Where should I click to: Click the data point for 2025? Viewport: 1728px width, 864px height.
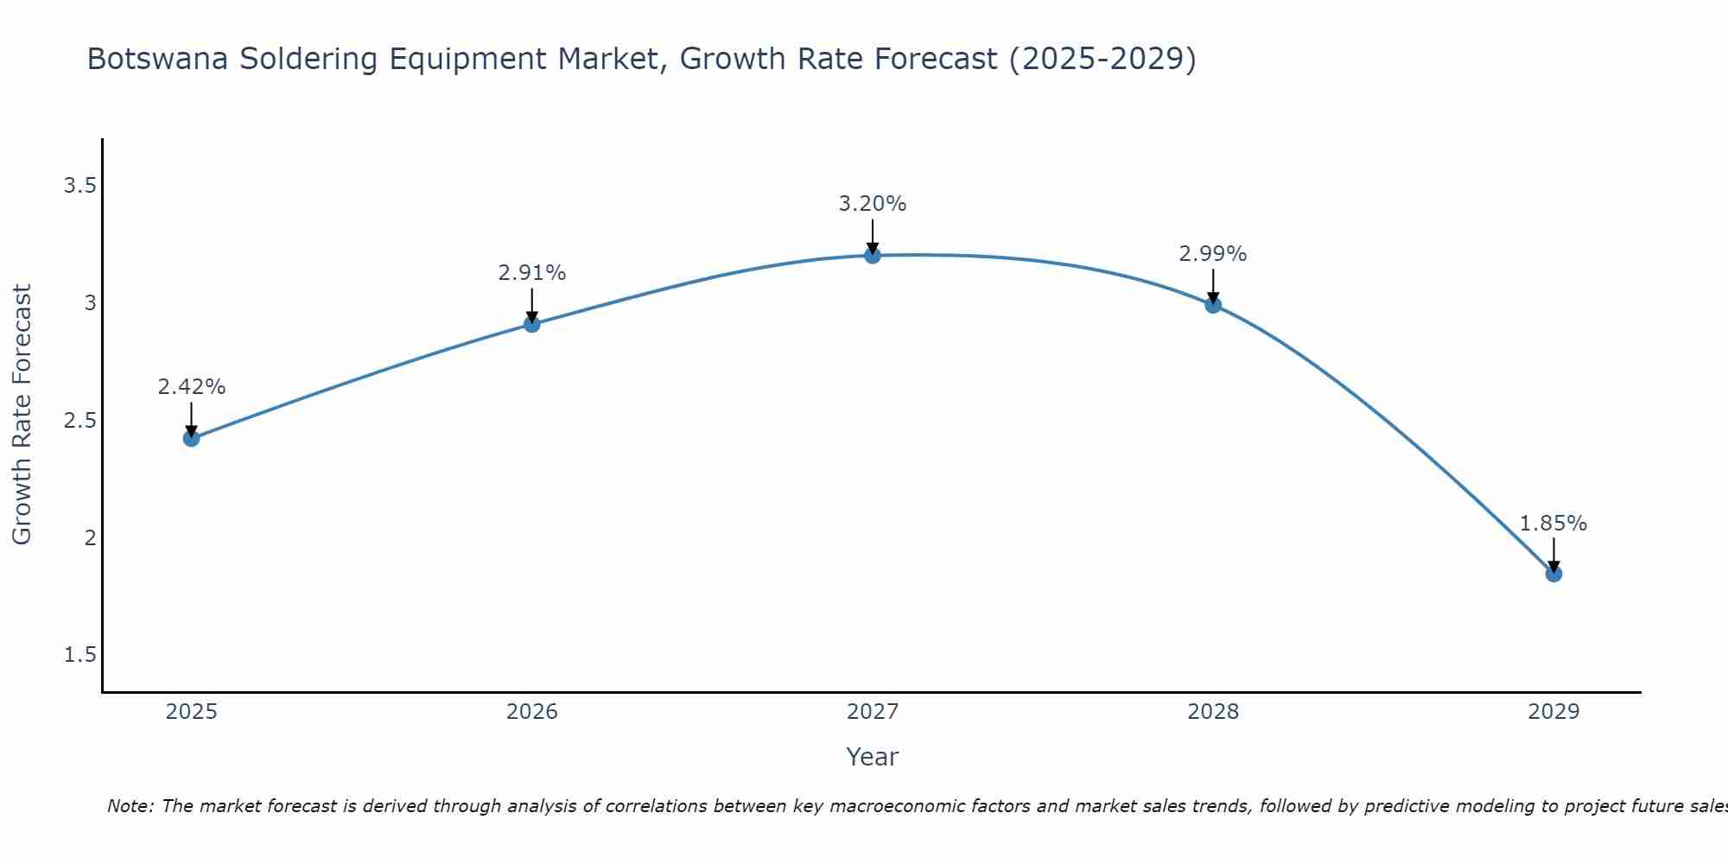192,438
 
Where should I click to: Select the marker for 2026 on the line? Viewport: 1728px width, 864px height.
532,324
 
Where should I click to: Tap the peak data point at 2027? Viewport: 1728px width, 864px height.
873,255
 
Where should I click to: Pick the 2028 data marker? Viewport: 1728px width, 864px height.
1213,304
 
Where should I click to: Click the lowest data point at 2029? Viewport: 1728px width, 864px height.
1553,574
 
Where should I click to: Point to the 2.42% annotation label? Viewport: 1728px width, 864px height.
192,387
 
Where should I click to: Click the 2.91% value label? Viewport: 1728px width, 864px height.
532,273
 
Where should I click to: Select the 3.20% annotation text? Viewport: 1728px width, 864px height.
873,204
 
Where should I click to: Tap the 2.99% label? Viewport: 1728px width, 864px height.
1213,254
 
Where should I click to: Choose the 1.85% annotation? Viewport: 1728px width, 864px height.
1553,524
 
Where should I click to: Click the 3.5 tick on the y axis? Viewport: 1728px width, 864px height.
79,186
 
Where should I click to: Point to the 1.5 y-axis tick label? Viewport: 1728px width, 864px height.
79,655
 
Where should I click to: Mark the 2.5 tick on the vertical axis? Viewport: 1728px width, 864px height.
79,421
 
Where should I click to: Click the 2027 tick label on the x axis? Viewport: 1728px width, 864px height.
873,712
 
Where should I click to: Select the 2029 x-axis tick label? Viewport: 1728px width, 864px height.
1553,712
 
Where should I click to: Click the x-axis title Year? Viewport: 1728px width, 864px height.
873,757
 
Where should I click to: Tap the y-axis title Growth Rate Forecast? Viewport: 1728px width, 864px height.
22,415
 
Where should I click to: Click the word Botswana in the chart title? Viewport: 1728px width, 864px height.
158,59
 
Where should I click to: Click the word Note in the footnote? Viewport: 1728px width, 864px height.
129,806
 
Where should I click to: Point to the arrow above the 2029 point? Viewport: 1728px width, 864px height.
1553,553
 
